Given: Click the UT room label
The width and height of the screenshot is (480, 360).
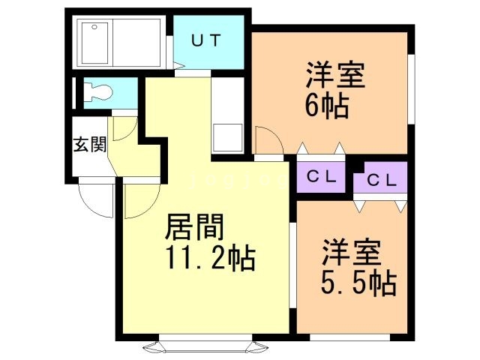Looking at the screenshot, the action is click(206, 40).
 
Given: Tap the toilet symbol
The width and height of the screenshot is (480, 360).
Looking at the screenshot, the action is click(98, 91).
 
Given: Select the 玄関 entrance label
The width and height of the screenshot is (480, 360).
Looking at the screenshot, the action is click(90, 145).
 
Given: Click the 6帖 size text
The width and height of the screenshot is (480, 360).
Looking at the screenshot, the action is click(328, 106).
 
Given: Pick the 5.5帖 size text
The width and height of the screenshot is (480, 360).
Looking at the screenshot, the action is click(358, 283).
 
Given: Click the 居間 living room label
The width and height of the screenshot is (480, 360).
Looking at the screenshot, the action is click(194, 227).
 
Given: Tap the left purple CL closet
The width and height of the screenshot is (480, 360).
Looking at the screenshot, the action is click(321, 177).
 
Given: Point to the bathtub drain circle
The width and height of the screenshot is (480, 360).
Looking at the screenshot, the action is click(94, 27).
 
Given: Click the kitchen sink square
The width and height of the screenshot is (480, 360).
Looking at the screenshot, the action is click(227, 137).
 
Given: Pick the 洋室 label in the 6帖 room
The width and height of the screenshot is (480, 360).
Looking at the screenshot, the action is click(335, 75).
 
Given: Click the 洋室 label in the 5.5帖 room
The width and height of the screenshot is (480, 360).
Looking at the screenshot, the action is click(352, 252).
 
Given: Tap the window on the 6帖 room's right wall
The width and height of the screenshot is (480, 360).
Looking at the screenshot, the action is click(411, 89).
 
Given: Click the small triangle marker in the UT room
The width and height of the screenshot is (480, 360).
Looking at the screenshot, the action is click(179, 65).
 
